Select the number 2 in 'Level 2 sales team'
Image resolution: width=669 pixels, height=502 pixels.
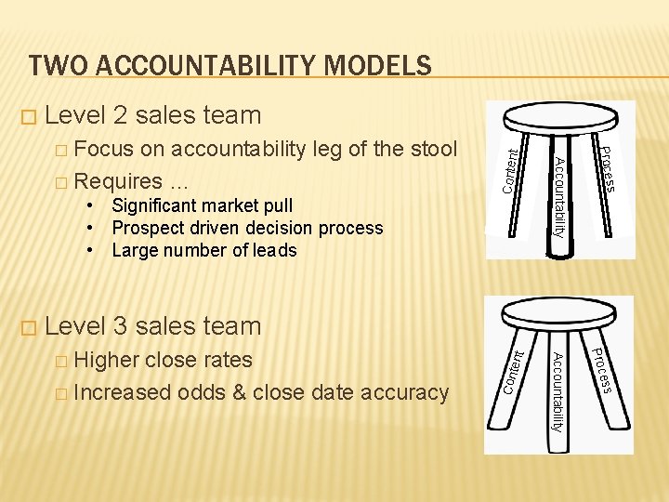point(121,115)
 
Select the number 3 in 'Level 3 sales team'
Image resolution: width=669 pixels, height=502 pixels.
point(121,326)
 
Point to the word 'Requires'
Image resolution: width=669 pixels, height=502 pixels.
point(118,179)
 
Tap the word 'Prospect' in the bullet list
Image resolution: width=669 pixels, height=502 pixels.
point(147,228)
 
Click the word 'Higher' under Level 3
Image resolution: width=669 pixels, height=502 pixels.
point(107,360)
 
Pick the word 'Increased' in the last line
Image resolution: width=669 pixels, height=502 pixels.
point(121,392)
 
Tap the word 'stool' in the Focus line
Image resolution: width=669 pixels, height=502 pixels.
point(432,149)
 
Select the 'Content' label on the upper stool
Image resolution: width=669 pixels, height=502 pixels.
point(509,165)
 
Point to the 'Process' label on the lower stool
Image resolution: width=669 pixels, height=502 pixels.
point(601,368)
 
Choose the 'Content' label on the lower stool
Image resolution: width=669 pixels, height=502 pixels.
point(515,370)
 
